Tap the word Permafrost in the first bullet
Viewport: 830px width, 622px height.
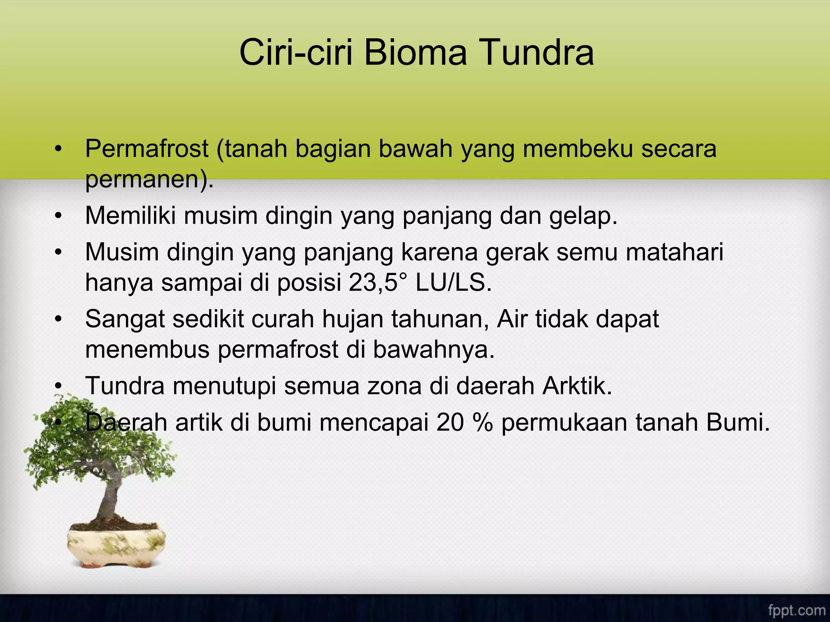147,149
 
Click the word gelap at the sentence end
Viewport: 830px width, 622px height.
583,216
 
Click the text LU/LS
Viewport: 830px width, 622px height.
453,282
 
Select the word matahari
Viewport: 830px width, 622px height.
674,252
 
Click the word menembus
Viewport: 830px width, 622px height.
148,349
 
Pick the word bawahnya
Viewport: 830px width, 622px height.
434,349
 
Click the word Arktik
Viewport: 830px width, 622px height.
577,386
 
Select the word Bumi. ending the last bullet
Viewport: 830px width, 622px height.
738,422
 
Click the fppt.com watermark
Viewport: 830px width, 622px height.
796,610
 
